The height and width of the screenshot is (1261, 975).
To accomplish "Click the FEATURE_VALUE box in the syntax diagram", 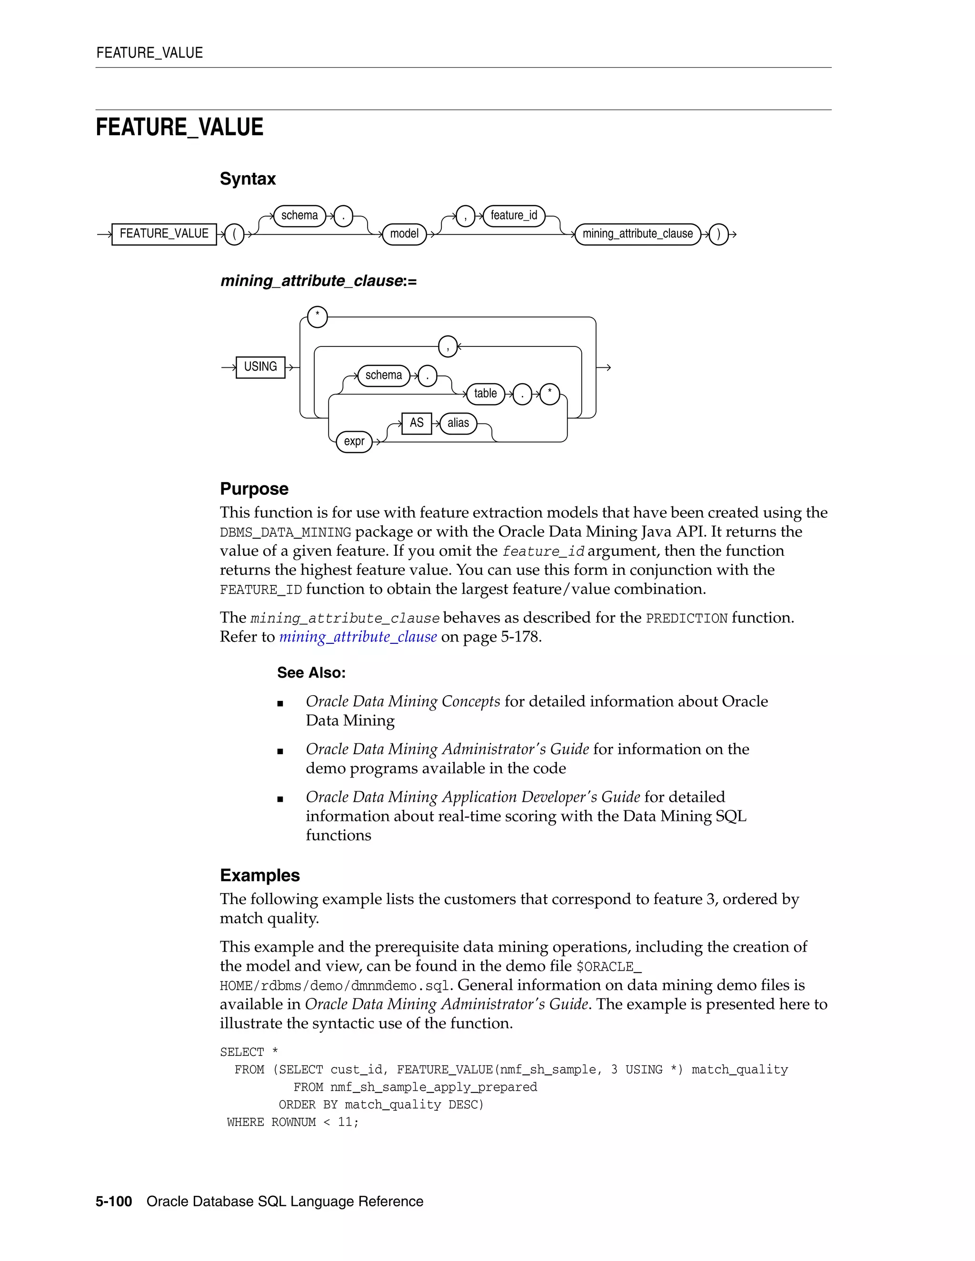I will pyautogui.click(x=164, y=234).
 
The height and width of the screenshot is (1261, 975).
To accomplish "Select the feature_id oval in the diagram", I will pyautogui.click(x=514, y=216).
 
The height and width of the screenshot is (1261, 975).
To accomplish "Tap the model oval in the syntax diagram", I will pyautogui.click(x=404, y=234).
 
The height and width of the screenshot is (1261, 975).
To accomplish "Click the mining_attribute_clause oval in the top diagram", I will pyautogui.click(x=637, y=234).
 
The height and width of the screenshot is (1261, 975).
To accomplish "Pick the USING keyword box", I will pyautogui.click(x=260, y=366).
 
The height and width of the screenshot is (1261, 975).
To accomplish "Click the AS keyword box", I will pyautogui.click(x=417, y=423).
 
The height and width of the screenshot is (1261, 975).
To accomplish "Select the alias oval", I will pyautogui.click(x=458, y=423).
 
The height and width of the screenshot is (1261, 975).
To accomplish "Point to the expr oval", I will pyautogui.click(x=354, y=442).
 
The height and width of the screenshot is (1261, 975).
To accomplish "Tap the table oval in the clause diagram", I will pyautogui.click(x=485, y=394).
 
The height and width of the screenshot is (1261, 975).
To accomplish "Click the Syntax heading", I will pyautogui.click(x=248, y=179).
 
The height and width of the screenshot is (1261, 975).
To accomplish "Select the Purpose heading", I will pyautogui.click(x=254, y=489).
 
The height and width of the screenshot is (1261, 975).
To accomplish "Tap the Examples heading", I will pyautogui.click(x=260, y=875).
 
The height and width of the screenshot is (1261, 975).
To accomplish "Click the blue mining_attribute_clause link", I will pyautogui.click(x=358, y=637).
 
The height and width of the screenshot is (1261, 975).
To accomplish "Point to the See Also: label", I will pyautogui.click(x=311, y=673).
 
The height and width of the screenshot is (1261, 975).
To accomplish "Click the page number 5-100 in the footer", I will pyautogui.click(x=114, y=1202).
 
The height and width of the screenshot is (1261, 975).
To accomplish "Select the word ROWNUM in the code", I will pyautogui.click(x=293, y=1122).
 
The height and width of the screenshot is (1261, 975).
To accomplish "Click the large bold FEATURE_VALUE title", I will pyautogui.click(x=179, y=128).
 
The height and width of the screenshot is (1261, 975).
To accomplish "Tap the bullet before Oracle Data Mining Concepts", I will pyautogui.click(x=280, y=703).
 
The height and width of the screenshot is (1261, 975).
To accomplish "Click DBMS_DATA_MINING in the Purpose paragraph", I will pyautogui.click(x=285, y=532).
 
